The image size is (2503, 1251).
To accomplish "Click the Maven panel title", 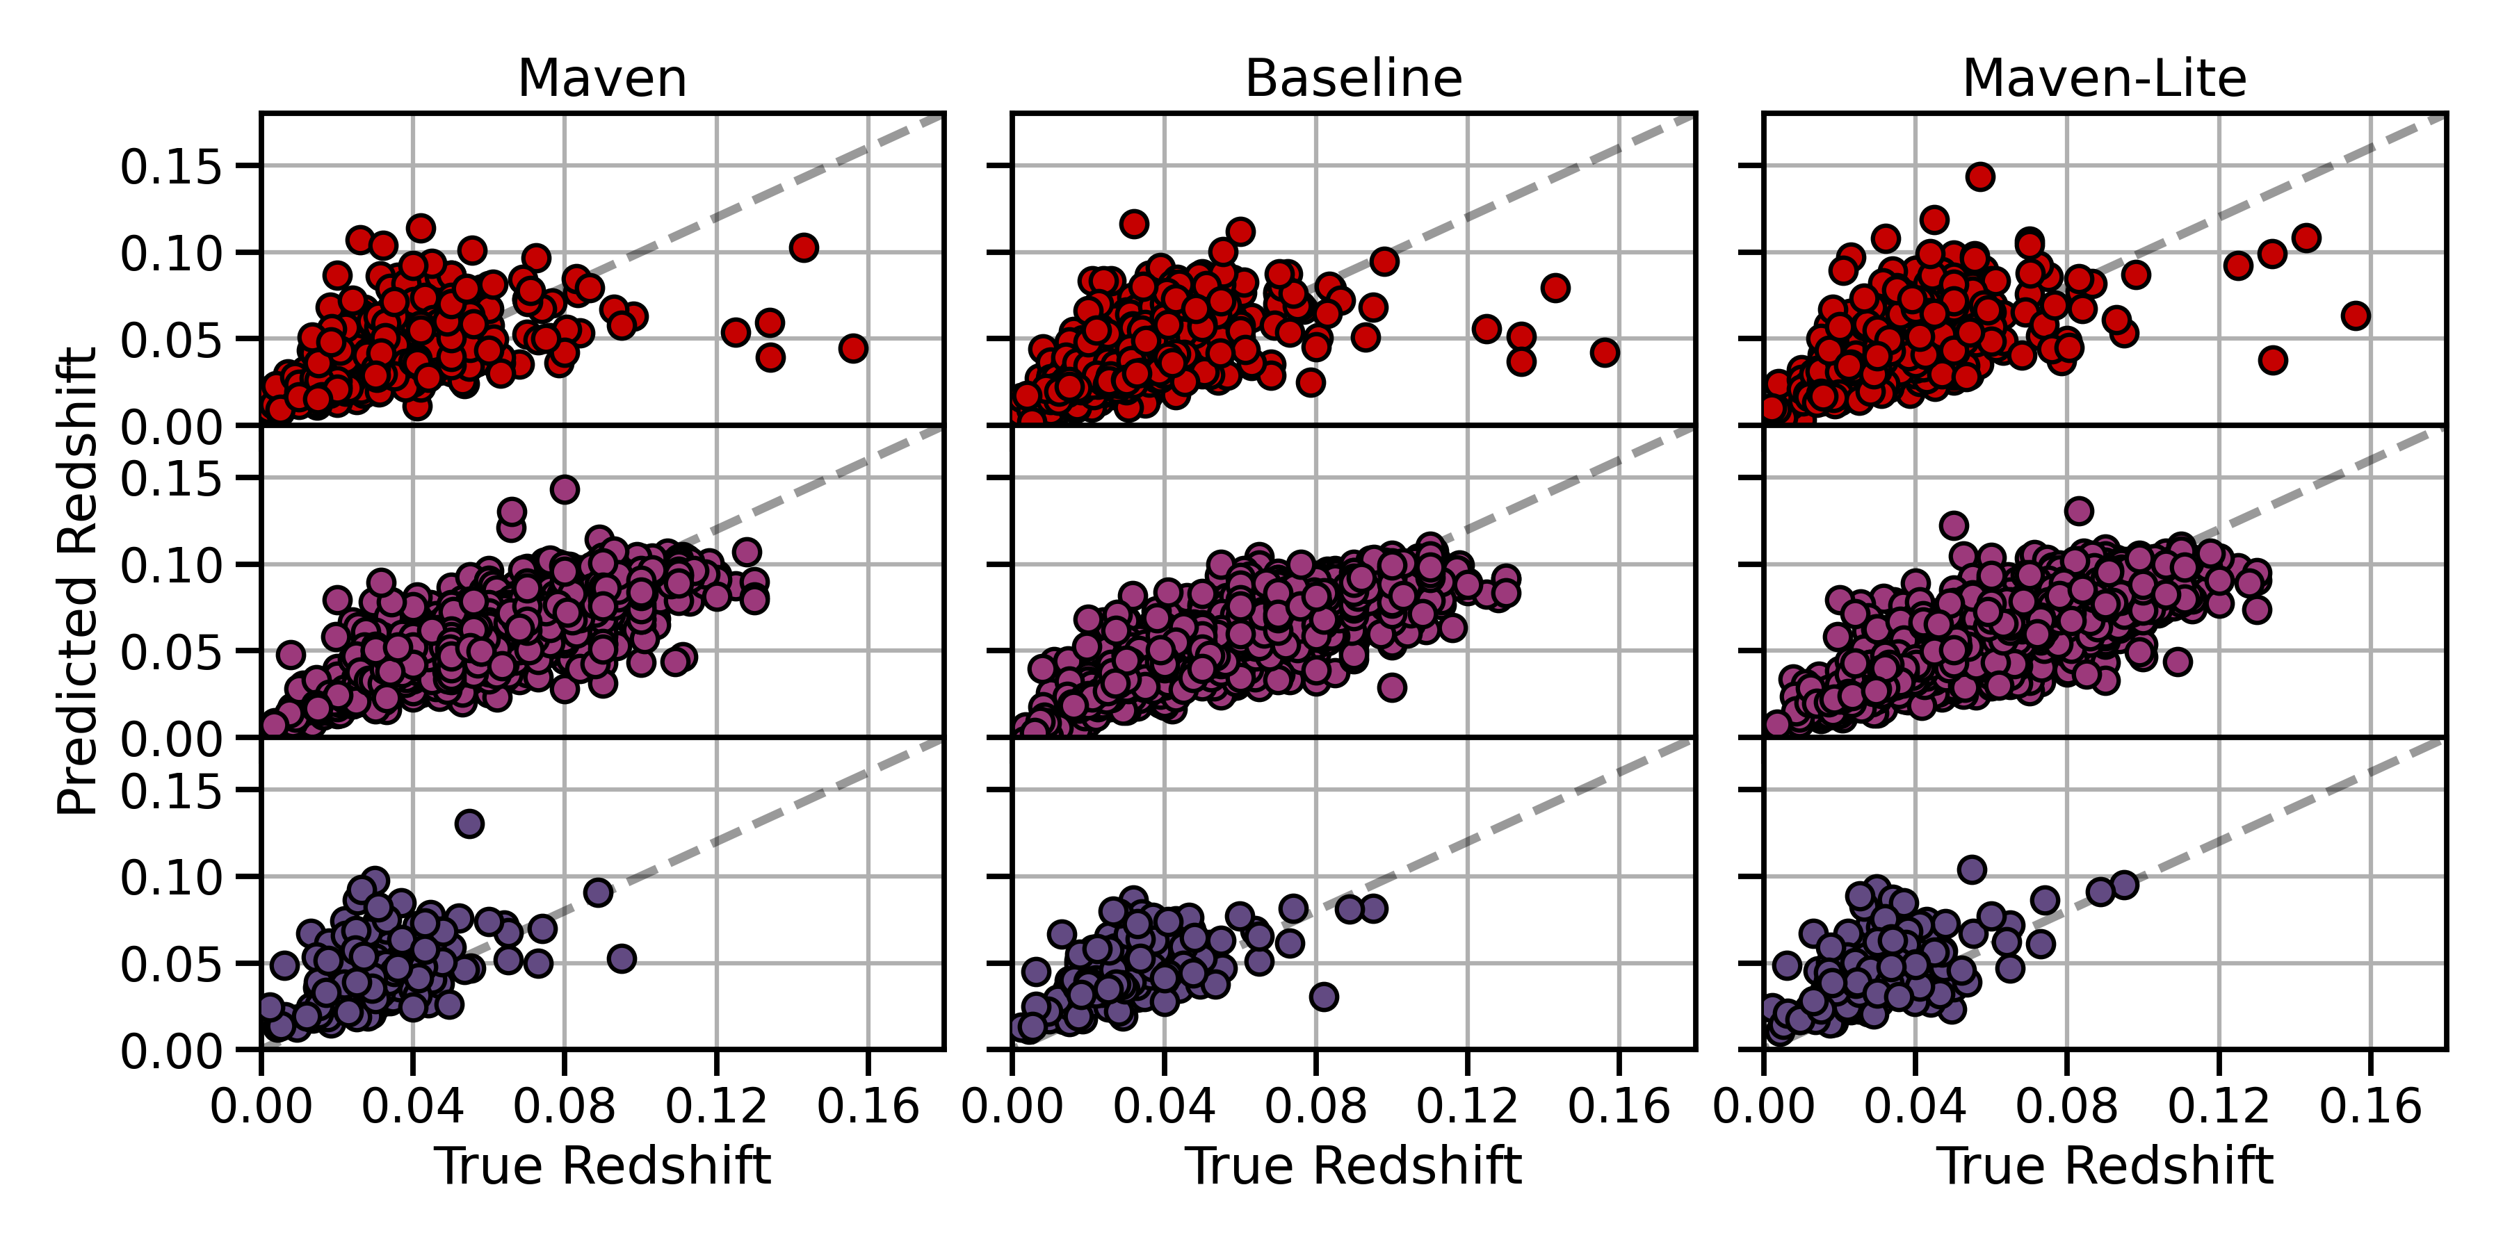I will click(601, 78).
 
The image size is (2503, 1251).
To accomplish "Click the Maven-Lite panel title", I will click(2104, 78).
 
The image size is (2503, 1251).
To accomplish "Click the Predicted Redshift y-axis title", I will click(78, 581).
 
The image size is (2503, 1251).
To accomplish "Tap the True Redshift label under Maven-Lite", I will click(2104, 1166).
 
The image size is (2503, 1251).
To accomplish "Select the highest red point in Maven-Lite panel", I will click(1980, 177).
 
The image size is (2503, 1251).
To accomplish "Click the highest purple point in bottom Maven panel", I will click(469, 824).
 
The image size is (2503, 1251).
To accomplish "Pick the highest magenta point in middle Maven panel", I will click(565, 489).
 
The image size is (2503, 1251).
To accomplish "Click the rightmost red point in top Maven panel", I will click(853, 347).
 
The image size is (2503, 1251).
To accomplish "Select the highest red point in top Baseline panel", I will click(1133, 223).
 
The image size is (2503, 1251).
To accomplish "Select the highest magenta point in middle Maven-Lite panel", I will click(2078, 511).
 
